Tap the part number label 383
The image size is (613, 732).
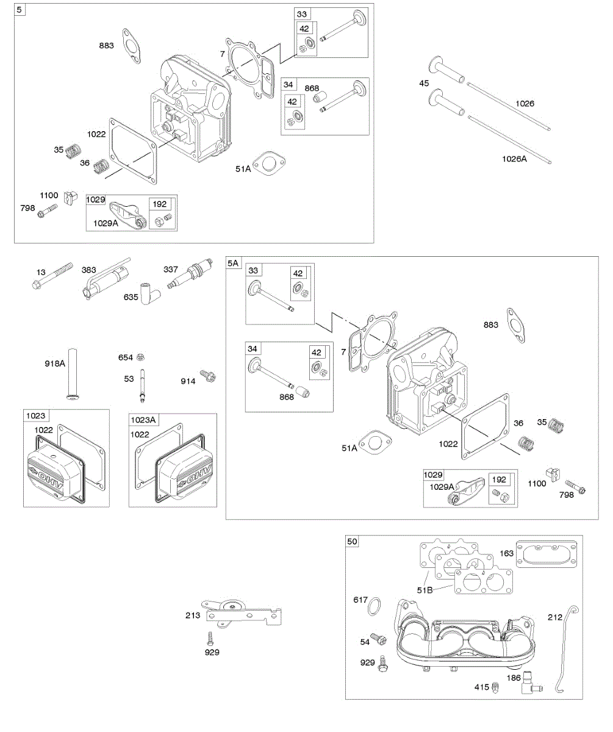(88, 270)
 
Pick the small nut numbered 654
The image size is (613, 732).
(140, 357)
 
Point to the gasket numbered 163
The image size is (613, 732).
(545, 554)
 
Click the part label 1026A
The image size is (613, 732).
(515, 159)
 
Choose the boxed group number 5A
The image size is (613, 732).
(234, 263)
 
